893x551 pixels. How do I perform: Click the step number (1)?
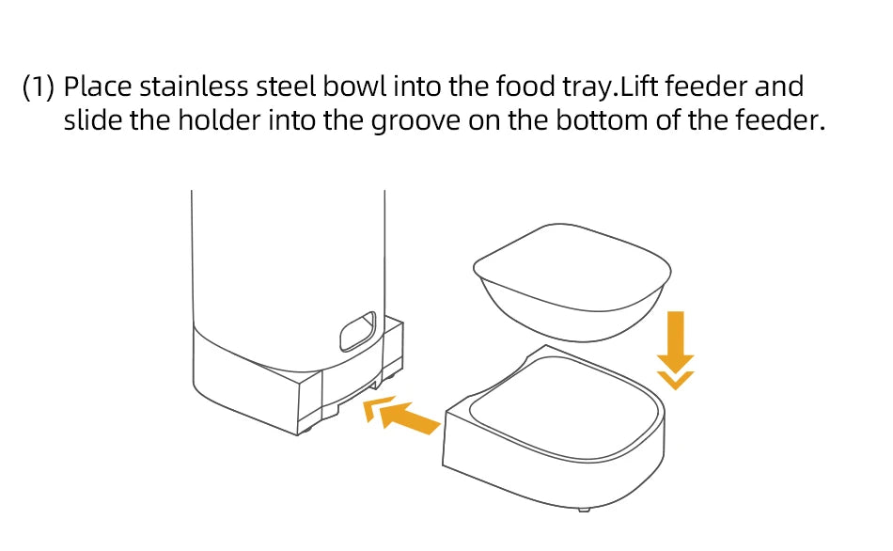[x=39, y=87]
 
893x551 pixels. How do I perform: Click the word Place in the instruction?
[x=99, y=87]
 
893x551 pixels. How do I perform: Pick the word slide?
[x=92, y=121]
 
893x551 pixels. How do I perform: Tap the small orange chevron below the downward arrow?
[x=677, y=379]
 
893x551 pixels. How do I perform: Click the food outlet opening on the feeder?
[x=357, y=331]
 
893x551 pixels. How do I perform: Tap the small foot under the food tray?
[x=585, y=509]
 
